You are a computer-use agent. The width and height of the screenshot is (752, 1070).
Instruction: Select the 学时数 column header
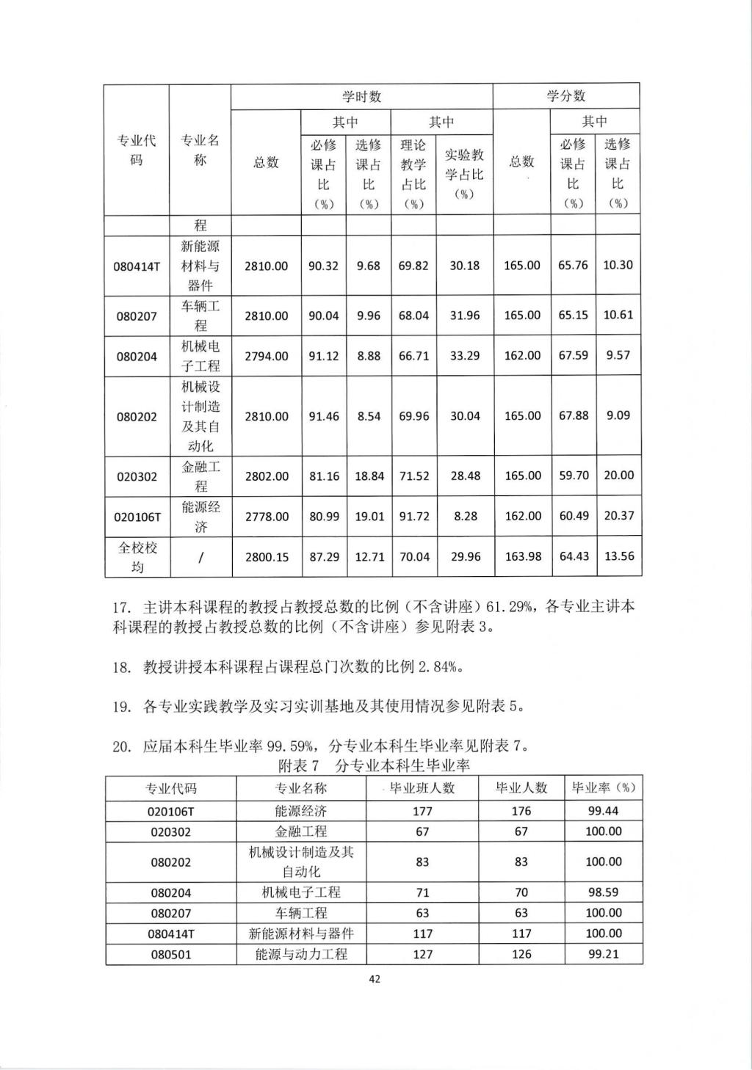pos(361,96)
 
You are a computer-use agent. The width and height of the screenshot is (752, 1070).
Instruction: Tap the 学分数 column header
pos(565,96)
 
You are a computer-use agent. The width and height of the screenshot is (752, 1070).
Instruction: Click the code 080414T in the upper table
pos(137,266)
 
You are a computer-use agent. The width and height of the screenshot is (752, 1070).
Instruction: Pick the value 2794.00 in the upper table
pos(266,356)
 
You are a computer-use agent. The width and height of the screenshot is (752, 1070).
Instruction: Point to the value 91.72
pos(413,516)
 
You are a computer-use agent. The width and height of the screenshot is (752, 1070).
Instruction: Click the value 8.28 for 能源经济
pos(465,516)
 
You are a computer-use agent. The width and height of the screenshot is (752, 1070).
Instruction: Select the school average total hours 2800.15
pos(266,557)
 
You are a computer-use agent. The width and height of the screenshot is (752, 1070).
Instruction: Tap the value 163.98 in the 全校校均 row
pos(522,556)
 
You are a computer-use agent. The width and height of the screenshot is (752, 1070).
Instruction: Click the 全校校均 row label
pos(137,557)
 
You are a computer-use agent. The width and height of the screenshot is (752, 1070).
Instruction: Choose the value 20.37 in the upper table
pos(618,515)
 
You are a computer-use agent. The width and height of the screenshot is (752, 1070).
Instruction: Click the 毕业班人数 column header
pos(422,788)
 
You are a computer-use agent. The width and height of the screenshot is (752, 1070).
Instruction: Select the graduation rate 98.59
pos(603,892)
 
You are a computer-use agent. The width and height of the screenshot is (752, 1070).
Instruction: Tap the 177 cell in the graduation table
pos(422,811)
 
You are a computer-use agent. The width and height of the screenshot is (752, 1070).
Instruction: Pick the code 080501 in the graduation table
pos(171,954)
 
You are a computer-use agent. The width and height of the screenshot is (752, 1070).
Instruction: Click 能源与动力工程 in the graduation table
pos(301,954)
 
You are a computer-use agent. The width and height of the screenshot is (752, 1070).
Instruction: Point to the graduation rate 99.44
pos(603,811)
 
